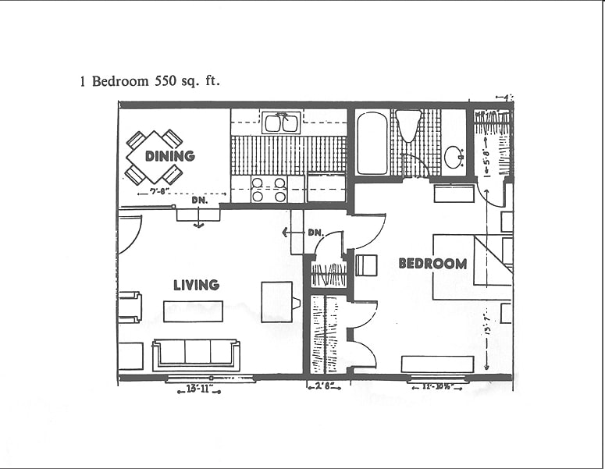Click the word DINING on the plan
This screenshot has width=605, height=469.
click(169, 156)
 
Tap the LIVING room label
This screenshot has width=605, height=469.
click(196, 285)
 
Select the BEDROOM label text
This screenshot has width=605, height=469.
click(432, 264)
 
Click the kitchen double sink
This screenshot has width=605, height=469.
click(281, 123)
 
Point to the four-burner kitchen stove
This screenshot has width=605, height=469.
click(268, 190)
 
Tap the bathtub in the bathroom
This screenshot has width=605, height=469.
click(372, 143)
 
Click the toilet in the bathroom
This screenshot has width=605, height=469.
click(407, 124)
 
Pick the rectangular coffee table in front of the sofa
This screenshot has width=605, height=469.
click(193, 311)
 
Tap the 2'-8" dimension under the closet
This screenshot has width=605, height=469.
click(322, 386)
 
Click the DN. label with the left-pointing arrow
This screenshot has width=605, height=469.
click(309, 232)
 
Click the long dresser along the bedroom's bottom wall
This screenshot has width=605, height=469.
click(437, 364)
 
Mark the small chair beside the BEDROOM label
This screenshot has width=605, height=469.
click(366, 265)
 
